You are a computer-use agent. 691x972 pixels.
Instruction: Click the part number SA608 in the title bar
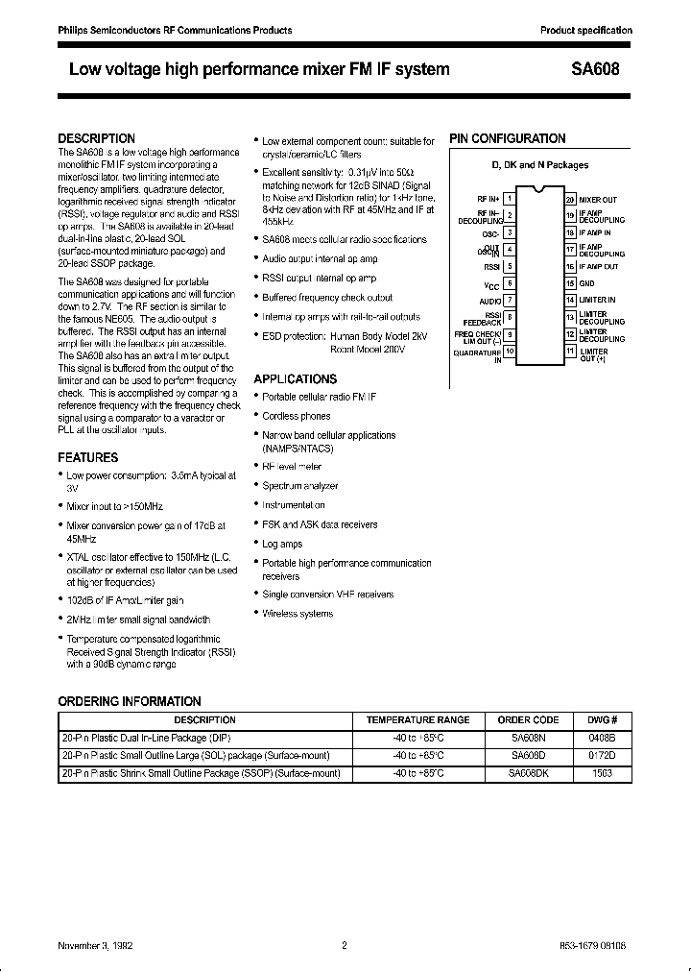tap(597, 69)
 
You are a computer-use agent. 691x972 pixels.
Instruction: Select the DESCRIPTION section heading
tap(96, 138)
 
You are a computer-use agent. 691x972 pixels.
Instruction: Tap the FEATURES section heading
tap(88, 458)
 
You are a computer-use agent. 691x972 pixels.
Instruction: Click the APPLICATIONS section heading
tap(296, 379)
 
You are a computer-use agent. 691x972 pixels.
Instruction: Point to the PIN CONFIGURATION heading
tap(508, 138)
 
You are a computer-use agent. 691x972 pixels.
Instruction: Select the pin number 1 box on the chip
tap(511, 198)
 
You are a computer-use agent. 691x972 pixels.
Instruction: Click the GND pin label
tap(586, 283)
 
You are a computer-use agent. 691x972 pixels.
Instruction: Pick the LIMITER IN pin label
tap(597, 300)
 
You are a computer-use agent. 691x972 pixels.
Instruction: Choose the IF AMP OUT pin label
tap(599, 266)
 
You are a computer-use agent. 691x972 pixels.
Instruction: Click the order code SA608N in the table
tap(528, 738)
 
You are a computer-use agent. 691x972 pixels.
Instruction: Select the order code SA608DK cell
tap(528, 772)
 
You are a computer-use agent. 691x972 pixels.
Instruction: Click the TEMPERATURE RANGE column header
tap(418, 719)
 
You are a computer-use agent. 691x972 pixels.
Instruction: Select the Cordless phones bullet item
tap(297, 416)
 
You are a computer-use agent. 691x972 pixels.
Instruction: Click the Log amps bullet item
tap(282, 544)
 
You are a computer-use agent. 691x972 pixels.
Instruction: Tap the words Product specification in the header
tap(586, 30)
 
